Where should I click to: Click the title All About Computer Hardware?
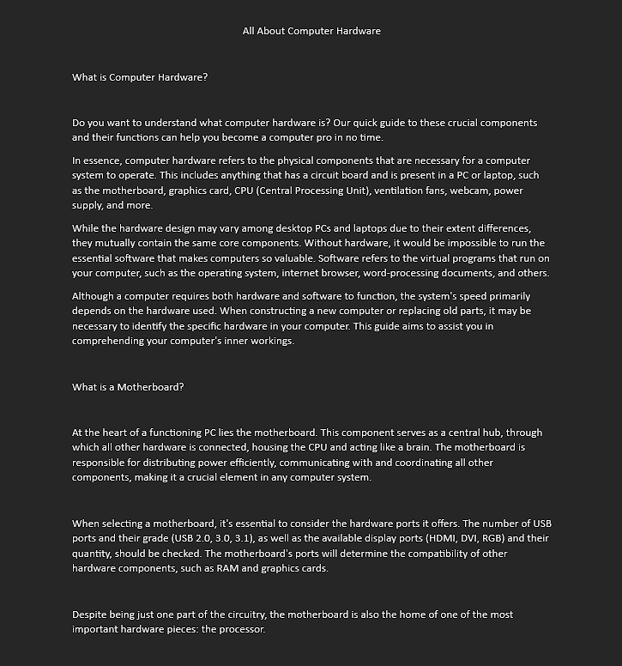point(311,31)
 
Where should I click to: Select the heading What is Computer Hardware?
point(140,77)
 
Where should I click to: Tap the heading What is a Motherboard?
point(128,387)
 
